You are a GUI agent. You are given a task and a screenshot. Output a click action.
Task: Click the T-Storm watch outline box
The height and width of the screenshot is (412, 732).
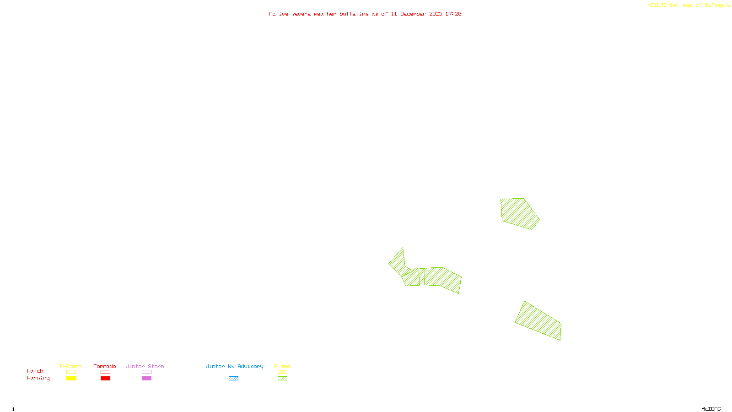click(71, 372)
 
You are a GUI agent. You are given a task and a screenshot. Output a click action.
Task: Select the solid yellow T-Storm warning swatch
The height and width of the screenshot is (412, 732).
click(71, 379)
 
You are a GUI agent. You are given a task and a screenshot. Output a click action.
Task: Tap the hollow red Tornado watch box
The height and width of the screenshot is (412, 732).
click(105, 372)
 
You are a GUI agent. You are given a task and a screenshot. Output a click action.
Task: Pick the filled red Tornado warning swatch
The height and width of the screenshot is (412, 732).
click(105, 379)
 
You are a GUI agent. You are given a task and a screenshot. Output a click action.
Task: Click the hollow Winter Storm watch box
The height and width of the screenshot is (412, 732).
click(146, 372)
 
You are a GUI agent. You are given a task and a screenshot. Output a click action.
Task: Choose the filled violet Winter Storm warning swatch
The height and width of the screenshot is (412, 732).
click(146, 379)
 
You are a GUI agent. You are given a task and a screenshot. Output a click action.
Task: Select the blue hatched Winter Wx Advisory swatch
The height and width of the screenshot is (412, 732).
click(233, 379)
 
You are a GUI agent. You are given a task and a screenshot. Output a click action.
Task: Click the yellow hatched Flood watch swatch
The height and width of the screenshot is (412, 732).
click(282, 372)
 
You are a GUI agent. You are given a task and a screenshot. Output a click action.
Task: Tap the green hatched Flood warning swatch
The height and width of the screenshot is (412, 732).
click(282, 379)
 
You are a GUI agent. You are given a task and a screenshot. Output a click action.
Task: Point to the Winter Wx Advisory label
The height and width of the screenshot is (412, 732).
click(234, 366)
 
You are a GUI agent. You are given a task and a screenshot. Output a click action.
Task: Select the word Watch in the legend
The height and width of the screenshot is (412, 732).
click(35, 371)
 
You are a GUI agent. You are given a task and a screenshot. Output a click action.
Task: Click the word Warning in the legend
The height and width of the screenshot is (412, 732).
click(38, 378)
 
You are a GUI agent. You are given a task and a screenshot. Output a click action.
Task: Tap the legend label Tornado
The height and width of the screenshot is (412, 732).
click(105, 366)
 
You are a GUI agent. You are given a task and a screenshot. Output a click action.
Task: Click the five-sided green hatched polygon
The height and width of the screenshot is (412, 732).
click(519, 213)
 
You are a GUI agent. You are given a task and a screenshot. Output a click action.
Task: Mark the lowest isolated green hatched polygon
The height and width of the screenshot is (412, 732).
click(539, 321)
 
